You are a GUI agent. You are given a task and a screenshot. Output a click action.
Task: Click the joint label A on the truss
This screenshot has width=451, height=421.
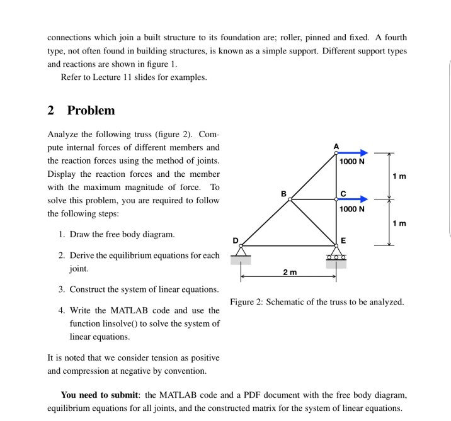(x=336, y=146)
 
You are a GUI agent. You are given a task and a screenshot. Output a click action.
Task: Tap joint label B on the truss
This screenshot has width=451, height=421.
(x=283, y=193)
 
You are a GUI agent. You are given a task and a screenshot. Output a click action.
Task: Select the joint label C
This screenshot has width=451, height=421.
(x=343, y=193)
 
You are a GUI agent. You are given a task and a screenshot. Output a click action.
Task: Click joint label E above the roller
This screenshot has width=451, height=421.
(x=343, y=240)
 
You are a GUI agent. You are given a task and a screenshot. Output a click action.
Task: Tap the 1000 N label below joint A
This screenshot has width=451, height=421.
(x=351, y=162)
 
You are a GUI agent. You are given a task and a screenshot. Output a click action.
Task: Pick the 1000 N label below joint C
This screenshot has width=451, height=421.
(x=351, y=209)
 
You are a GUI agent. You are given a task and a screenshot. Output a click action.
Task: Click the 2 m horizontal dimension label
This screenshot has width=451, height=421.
(x=289, y=272)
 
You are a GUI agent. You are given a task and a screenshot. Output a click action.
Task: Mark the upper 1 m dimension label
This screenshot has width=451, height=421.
(x=399, y=176)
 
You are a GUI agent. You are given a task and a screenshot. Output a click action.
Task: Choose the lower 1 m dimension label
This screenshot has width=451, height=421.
(x=399, y=223)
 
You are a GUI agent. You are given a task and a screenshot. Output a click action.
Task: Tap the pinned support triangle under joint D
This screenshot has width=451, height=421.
(x=241, y=252)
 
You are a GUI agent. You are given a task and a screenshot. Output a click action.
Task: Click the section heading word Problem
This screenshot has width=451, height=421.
(x=91, y=111)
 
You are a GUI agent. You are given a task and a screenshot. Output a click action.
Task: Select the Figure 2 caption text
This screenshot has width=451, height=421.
(x=317, y=302)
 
